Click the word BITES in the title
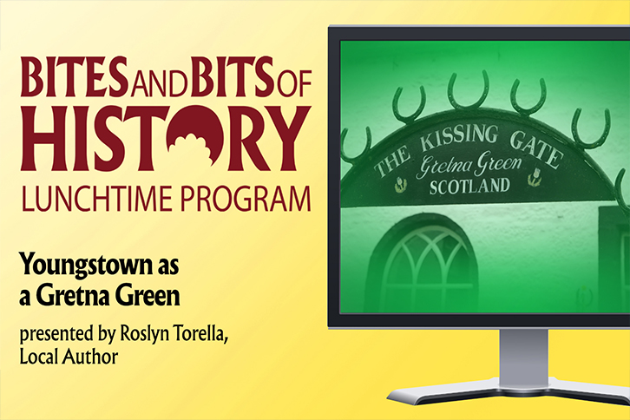point(75,76)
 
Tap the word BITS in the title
point(233,76)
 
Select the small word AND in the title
point(160,82)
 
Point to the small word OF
point(294,82)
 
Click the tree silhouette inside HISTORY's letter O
point(192,148)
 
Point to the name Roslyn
point(145,334)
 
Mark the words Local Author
point(69,357)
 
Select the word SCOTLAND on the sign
point(469,187)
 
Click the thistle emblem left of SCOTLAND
point(400,185)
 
